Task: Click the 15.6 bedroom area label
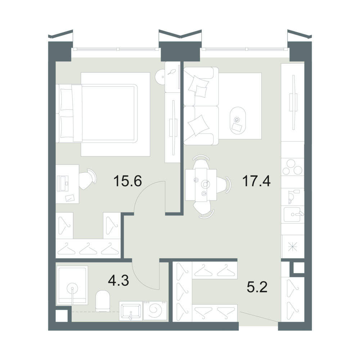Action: tap(128, 181)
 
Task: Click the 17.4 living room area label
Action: tap(256, 181)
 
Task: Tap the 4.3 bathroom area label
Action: tap(118, 280)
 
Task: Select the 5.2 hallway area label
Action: tap(257, 287)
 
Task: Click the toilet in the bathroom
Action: tap(103, 301)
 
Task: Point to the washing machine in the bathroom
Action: tap(155, 310)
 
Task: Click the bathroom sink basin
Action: tap(131, 311)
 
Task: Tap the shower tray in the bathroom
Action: tap(72, 285)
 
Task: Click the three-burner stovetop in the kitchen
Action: tap(293, 167)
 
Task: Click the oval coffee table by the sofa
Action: tap(238, 121)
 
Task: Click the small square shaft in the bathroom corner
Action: tap(62, 316)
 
